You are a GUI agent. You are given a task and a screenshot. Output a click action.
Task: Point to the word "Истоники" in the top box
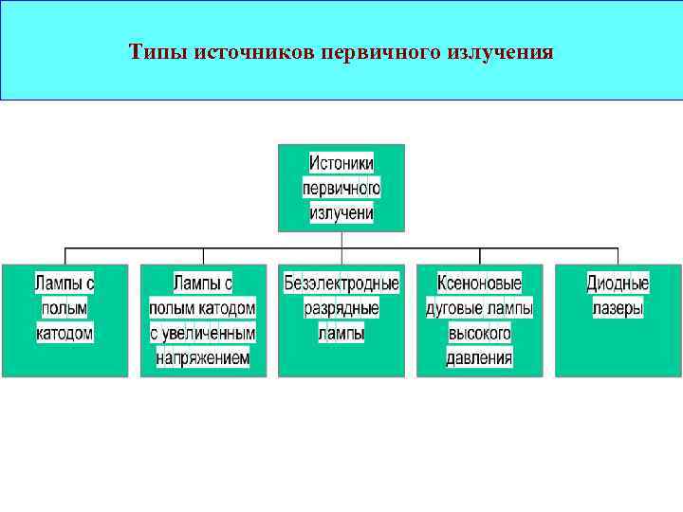pyautogui.click(x=341, y=162)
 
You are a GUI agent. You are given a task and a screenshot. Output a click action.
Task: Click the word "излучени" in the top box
pyautogui.click(x=341, y=213)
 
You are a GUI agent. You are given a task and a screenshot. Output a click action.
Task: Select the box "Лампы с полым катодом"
pyautogui.click(x=65, y=320)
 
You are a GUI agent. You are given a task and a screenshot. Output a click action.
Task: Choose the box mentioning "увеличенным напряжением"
pyautogui.click(x=203, y=320)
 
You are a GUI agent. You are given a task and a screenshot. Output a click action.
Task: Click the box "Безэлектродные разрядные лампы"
pyautogui.click(x=341, y=320)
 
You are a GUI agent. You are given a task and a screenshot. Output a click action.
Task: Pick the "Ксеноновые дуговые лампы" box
pyautogui.click(x=480, y=320)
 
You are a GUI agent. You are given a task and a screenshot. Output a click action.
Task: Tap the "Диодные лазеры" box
pyautogui.click(x=618, y=320)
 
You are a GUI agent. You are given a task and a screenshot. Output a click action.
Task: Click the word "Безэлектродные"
pyautogui.click(x=341, y=283)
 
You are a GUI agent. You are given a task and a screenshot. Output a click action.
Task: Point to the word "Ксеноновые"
pyautogui.click(x=480, y=283)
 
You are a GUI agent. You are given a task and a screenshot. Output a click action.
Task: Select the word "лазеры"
pyautogui.click(x=618, y=308)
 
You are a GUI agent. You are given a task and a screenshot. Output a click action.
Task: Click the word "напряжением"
pyautogui.click(x=203, y=358)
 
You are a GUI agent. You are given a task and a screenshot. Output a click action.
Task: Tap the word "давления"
pyautogui.click(x=480, y=358)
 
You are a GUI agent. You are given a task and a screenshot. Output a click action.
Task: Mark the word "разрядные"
pyautogui.click(x=341, y=308)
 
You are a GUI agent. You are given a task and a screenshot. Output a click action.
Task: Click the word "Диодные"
pyautogui.click(x=618, y=283)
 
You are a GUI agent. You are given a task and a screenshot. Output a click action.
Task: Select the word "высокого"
pyautogui.click(x=480, y=334)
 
